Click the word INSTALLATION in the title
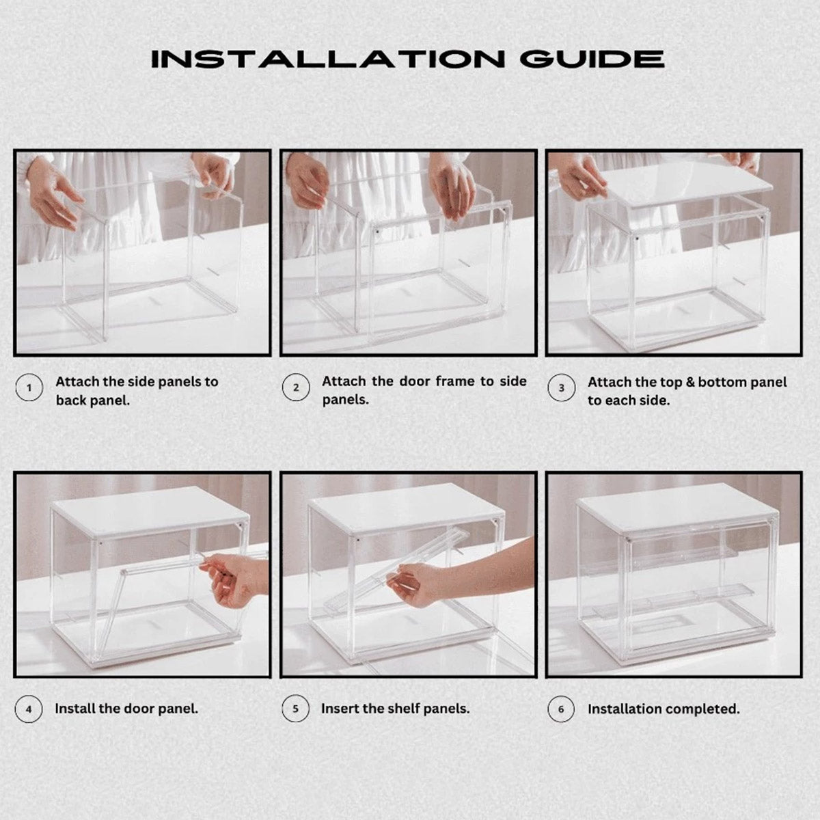pyautogui.click(x=328, y=59)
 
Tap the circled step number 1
pyautogui.click(x=29, y=388)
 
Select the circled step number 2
pyautogui.click(x=295, y=387)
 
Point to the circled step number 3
pyautogui.click(x=562, y=388)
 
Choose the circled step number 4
pyautogui.click(x=29, y=709)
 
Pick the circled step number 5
pyautogui.click(x=295, y=709)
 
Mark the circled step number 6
pyautogui.click(x=562, y=709)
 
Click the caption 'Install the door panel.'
pyautogui.click(x=126, y=709)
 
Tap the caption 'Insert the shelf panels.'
pyautogui.click(x=395, y=709)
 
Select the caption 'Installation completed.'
pyautogui.click(x=664, y=709)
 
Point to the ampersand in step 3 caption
pyautogui.click(x=690, y=382)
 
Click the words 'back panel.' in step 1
pyautogui.click(x=92, y=400)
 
